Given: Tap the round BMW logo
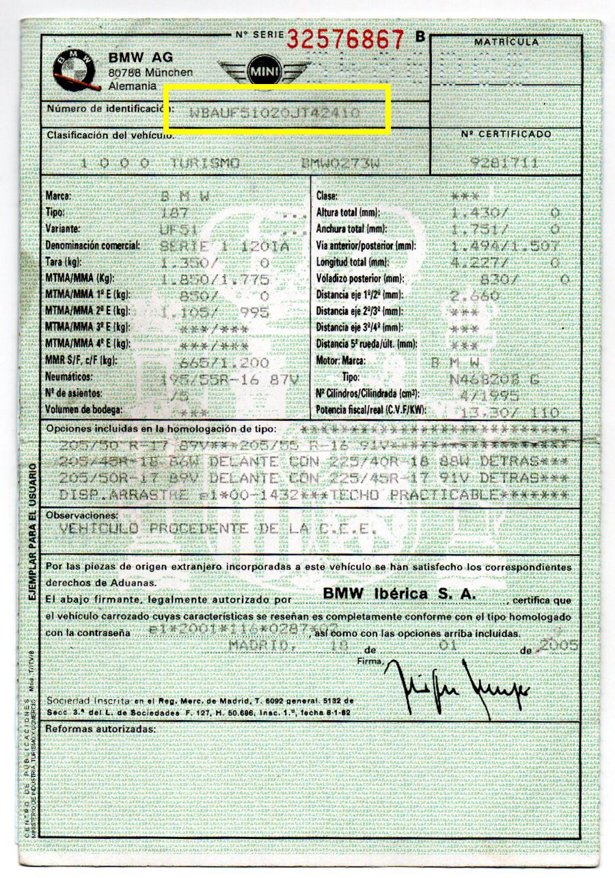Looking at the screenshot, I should pos(73,70).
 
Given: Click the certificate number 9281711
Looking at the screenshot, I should pos(506,163).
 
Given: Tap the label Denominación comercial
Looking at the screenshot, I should pos(92,245).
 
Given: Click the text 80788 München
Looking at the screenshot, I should pos(150,72).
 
